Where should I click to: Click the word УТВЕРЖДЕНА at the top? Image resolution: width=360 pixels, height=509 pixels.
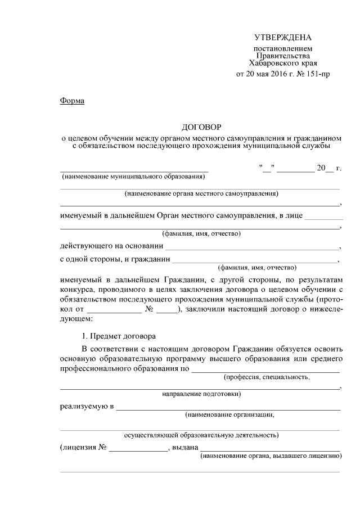click(282, 38)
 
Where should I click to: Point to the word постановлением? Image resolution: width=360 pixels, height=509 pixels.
click(282, 49)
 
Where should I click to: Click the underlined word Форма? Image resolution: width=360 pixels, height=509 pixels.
click(71, 101)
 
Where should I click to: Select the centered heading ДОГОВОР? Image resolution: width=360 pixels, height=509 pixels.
click(201, 128)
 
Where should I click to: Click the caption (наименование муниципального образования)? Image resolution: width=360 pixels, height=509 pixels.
click(133, 176)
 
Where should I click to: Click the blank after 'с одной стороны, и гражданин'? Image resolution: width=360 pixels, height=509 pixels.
click(254, 260)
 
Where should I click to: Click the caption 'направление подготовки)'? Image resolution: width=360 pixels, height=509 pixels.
click(201, 394)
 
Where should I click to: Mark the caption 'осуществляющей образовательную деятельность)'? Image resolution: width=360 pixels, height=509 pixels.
click(201, 435)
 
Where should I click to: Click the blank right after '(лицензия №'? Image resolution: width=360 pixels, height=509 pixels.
click(138, 448)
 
